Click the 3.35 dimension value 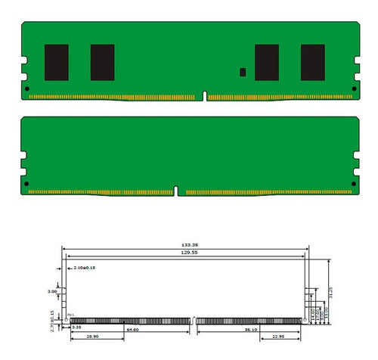[77, 328]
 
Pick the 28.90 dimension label [93, 336]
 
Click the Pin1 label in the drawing [70, 315]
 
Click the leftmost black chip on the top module [57, 62]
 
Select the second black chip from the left [102, 62]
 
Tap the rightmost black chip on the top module [312, 62]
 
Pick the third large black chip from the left [267, 62]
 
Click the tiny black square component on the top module [243, 73]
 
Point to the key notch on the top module [204, 96]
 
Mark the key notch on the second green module [176, 191]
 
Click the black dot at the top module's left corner [28, 89]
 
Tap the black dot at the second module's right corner [353, 184]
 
